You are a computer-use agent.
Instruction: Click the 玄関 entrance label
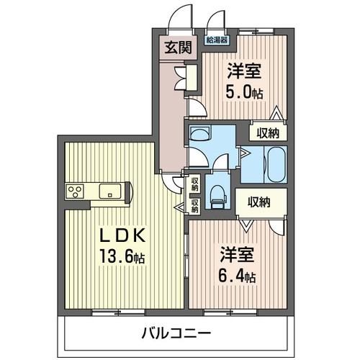(x=171, y=49)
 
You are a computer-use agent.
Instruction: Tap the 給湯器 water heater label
(x=215, y=40)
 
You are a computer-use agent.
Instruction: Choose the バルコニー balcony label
(x=176, y=333)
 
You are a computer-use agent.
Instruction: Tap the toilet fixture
(x=216, y=194)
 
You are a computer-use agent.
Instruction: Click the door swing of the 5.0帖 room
(x=193, y=109)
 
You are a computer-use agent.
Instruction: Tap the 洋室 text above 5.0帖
(x=243, y=71)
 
